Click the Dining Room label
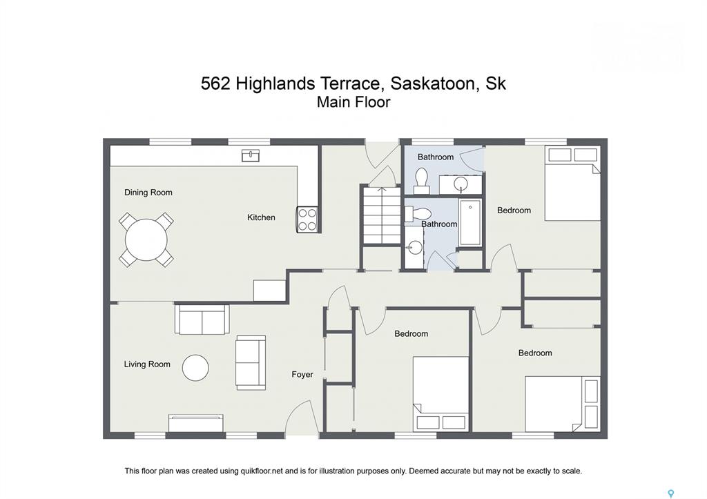pos(148,193)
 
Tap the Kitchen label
pos(261,217)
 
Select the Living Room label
pos(147,364)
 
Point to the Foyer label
pos(302,375)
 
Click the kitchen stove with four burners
pos(307,219)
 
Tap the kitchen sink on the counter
pos(251,155)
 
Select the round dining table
pos(146,239)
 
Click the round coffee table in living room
pos(195,368)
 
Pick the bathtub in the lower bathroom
pos(470,223)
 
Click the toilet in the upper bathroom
pos(422,180)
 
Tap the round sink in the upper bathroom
pos(461,184)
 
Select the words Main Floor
pos(353,102)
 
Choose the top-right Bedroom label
pos(514,211)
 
